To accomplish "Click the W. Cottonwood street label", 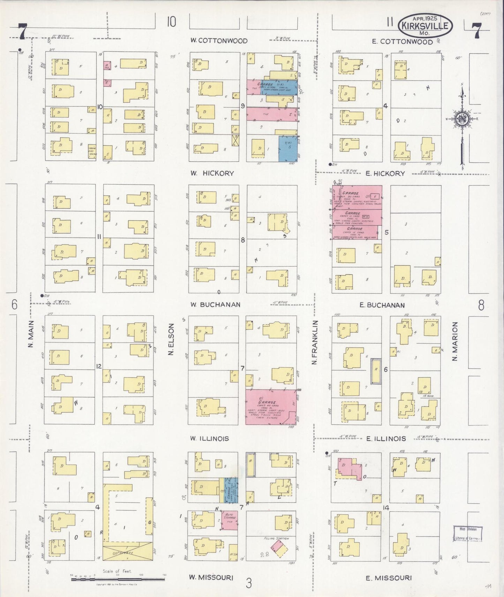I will (x=219, y=41).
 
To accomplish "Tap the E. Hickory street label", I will (x=385, y=173).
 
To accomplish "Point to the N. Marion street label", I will (x=454, y=341).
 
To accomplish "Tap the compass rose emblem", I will (x=462, y=119).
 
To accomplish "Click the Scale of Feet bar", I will (x=118, y=580).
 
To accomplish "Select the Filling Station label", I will (x=277, y=538).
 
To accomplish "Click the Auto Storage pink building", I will (x=230, y=521).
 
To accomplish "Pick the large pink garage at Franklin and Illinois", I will (x=271, y=407).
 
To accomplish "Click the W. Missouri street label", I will (x=211, y=577).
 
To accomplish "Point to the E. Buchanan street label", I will (x=382, y=305).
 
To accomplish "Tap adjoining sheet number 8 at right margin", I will (x=481, y=305).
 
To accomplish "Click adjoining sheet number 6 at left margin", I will (x=14, y=305).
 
